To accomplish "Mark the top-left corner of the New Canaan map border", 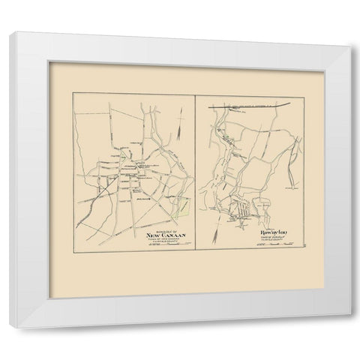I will (73, 92).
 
